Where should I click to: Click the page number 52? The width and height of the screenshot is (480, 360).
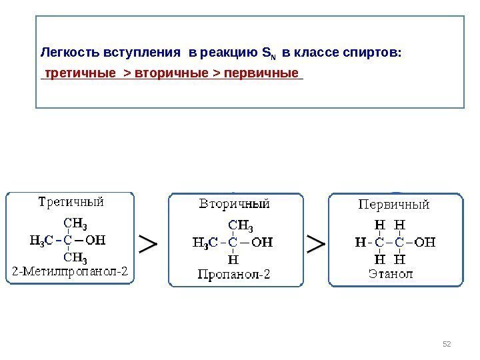[447, 343]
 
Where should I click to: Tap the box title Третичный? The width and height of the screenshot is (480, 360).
[70, 201]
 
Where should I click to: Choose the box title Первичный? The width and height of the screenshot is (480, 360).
[395, 203]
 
